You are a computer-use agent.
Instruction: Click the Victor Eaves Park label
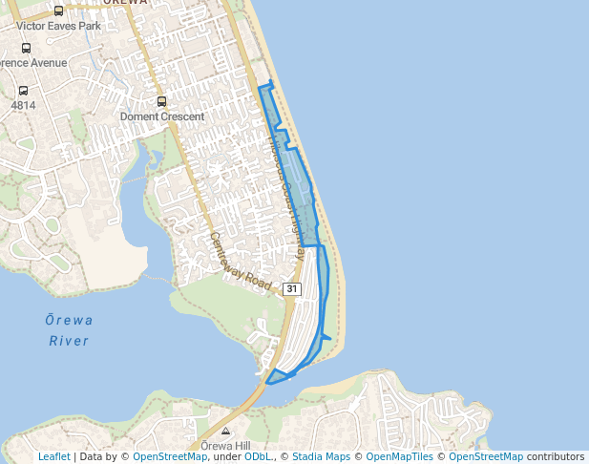pos(58,26)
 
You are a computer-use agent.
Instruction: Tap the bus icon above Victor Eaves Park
pos(59,11)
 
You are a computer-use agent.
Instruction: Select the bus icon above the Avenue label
pos(26,48)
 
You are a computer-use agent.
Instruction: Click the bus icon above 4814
pos(20,91)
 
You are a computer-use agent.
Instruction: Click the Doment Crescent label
pos(162,116)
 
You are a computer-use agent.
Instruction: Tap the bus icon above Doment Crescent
pos(161,101)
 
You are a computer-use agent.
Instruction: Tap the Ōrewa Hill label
pos(225,446)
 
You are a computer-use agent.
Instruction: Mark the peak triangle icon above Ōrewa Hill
pos(226,432)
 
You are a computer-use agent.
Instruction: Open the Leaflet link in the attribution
pos(53,457)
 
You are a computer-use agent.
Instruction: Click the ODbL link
pos(258,457)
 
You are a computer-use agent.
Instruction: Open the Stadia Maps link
pos(319,457)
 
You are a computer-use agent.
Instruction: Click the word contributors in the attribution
pos(555,457)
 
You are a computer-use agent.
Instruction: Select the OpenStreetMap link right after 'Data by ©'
pos(170,457)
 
